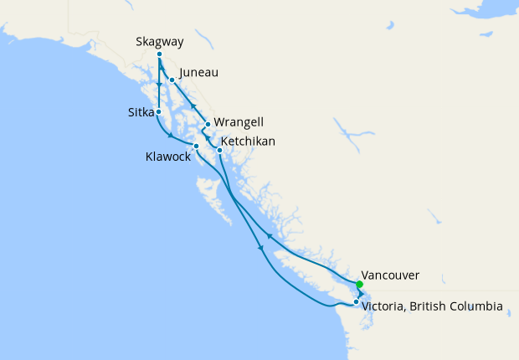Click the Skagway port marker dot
point(159,54)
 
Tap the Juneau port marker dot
point(172,80)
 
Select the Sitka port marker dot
point(158,111)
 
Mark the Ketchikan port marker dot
point(219,150)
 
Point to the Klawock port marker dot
point(196,147)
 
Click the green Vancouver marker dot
point(359,285)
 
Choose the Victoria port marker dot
point(356,301)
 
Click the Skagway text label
point(159,41)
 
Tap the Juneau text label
point(198,73)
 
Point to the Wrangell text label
point(239,123)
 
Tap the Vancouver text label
point(390,275)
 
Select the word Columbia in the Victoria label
point(475,307)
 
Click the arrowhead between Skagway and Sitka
point(159,85)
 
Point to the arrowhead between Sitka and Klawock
point(171,136)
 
